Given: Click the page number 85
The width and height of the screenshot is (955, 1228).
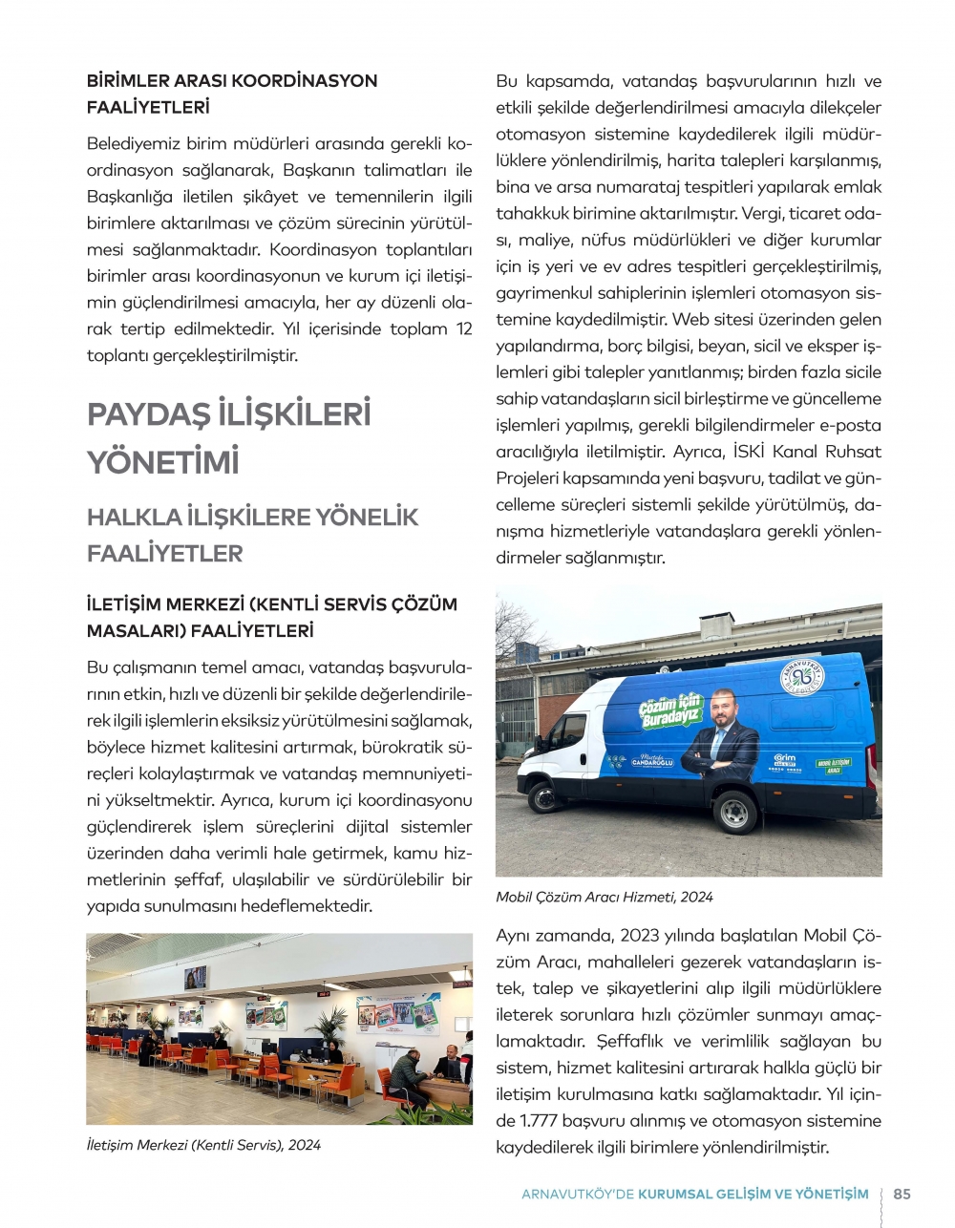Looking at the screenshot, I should (x=902, y=1194).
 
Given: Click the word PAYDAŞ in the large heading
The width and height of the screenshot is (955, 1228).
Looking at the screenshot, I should (x=148, y=414).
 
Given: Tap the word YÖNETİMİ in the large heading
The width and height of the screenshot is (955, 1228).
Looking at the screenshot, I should (x=163, y=463).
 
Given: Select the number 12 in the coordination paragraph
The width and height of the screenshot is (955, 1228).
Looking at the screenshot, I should (x=463, y=329).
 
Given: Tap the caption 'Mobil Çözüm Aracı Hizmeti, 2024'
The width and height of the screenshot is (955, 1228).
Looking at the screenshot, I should (x=605, y=898).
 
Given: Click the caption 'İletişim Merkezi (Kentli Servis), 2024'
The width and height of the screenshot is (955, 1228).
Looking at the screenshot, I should (x=203, y=1145).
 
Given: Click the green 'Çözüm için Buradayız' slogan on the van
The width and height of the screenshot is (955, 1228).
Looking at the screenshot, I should (x=669, y=711).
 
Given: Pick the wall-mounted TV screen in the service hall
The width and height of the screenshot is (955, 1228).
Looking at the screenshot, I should (x=196, y=978).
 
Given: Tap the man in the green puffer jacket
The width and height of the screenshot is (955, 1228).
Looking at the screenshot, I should (x=408, y=1076).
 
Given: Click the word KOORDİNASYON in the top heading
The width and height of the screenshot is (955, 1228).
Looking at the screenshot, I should (x=306, y=81).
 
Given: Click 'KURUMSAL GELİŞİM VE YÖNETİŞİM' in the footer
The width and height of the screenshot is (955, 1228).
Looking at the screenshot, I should (x=753, y=1194).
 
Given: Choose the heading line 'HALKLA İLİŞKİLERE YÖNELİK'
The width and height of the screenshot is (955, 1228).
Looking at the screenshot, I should (x=253, y=518).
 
